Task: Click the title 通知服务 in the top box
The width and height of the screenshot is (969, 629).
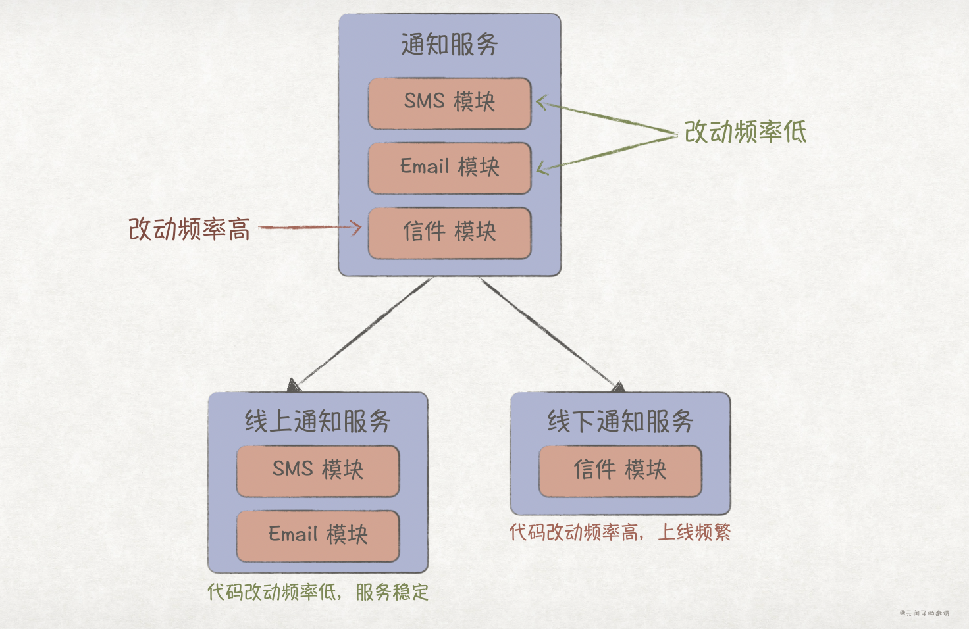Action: pyautogui.click(x=450, y=45)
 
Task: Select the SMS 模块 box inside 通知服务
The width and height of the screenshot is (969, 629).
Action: pyautogui.click(x=450, y=103)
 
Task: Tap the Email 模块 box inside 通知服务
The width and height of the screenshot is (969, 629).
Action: pyautogui.click(x=450, y=167)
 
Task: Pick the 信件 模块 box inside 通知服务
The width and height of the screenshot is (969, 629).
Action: pyautogui.click(x=450, y=232)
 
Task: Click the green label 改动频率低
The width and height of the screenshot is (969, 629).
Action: pyautogui.click(x=745, y=132)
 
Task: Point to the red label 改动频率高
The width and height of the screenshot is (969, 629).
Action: pyautogui.click(x=189, y=229)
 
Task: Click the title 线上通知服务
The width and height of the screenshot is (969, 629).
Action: pyautogui.click(x=318, y=421)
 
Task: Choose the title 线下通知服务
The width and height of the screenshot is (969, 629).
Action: pyautogui.click(x=620, y=421)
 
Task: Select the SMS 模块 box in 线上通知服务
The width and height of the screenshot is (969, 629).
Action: pyautogui.click(x=318, y=470)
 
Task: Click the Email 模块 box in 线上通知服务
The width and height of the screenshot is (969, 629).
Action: pyautogui.click(x=318, y=534)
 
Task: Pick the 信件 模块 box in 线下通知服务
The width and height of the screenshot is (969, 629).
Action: pyautogui.click(x=620, y=470)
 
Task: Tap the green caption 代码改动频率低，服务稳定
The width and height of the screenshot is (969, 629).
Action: pyautogui.click(x=318, y=592)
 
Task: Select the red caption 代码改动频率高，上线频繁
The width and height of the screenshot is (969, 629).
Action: pyautogui.click(x=620, y=532)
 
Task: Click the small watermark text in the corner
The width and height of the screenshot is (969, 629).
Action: pyautogui.click(x=924, y=613)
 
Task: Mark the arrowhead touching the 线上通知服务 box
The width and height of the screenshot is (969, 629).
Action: pyautogui.click(x=294, y=386)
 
